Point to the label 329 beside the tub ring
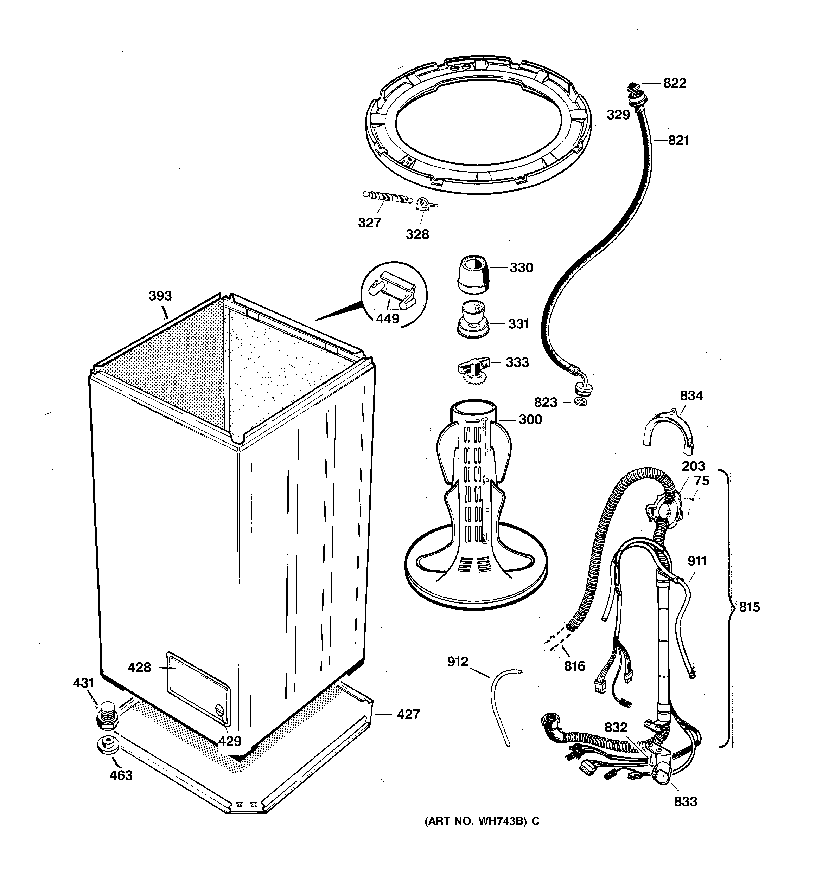pyautogui.click(x=618, y=115)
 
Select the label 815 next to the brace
pyautogui.click(x=750, y=607)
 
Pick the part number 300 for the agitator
pyautogui.click(x=530, y=419)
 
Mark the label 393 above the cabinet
pyautogui.click(x=160, y=296)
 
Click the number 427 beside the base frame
pyautogui.click(x=408, y=715)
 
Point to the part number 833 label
pyautogui.click(x=686, y=801)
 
